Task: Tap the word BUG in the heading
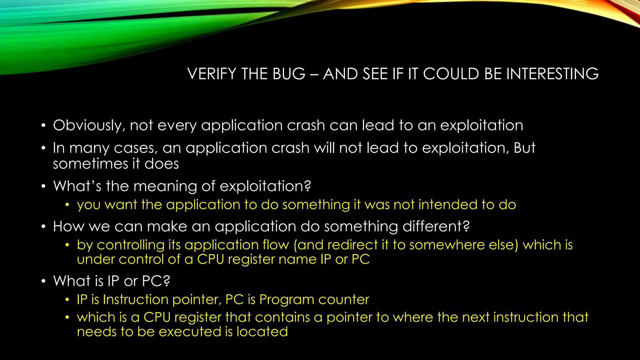pyautogui.click(x=289, y=74)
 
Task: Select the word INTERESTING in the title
pyautogui.click(x=552, y=74)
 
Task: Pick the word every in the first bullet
pyautogui.click(x=177, y=126)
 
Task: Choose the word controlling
pyautogui.click(x=131, y=245)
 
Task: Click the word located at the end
pyautogui.click(x=262, y=332)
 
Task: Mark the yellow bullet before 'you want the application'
pyautogui.click(x=67, y=205)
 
